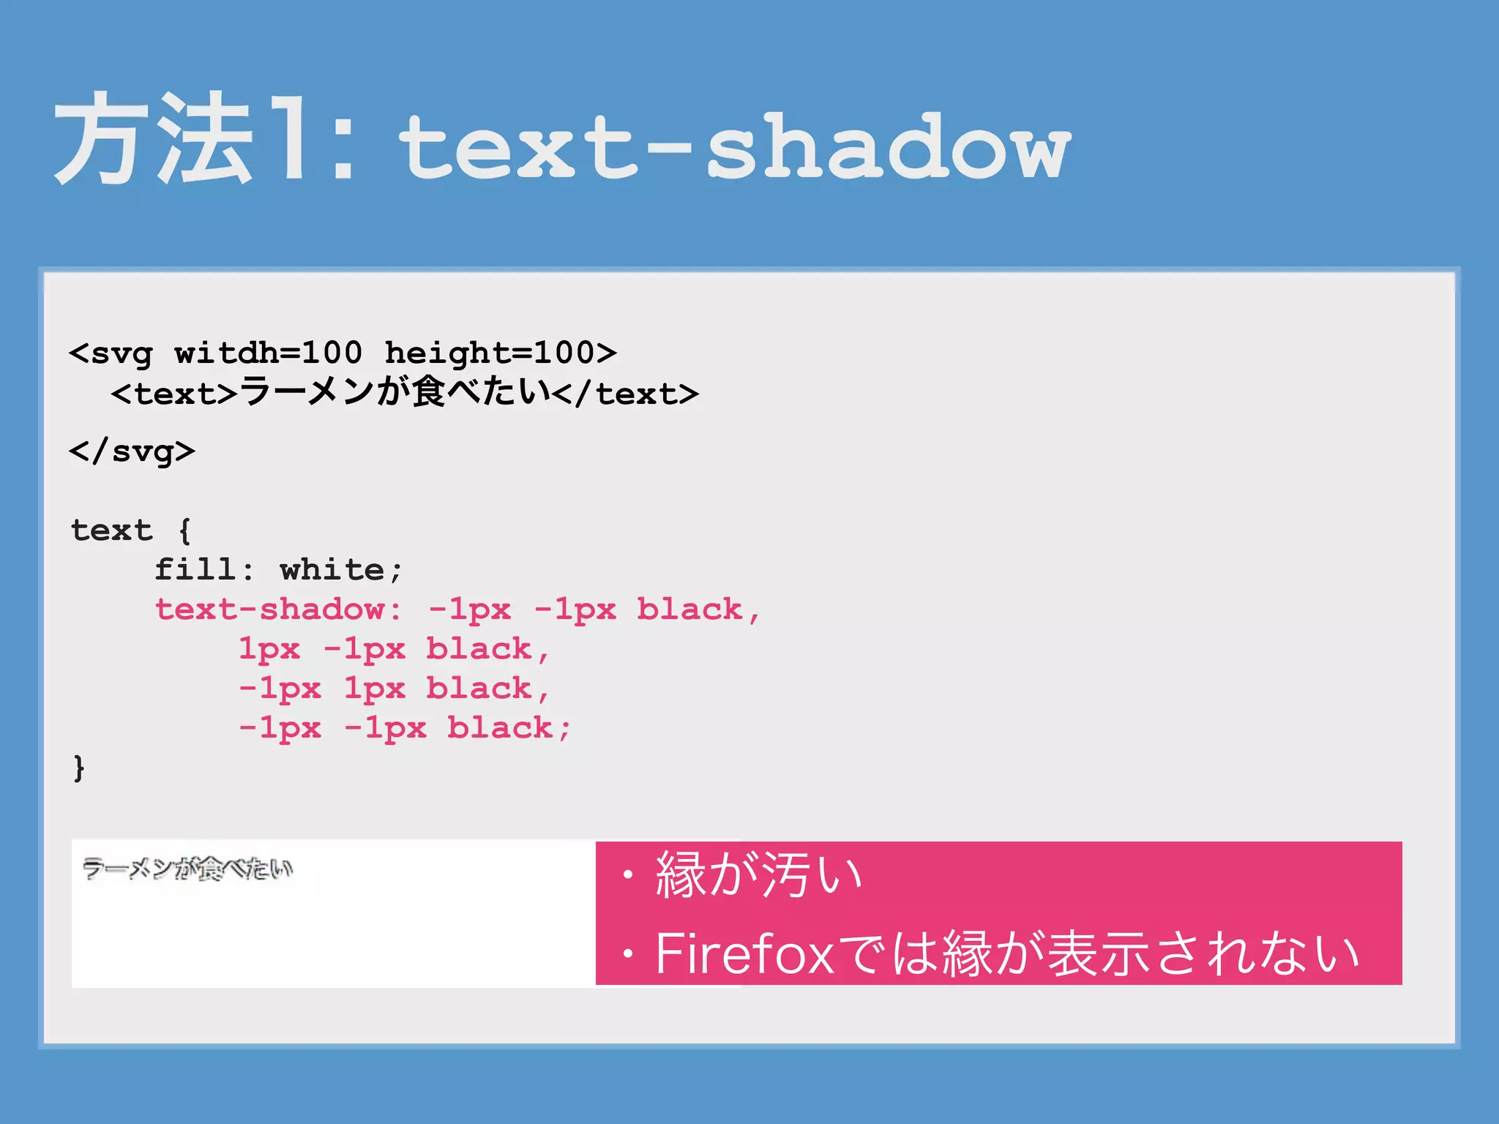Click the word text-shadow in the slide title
[x=734, y=146]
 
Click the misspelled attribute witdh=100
[x=268, y=353]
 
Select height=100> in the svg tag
[x=500, y=353]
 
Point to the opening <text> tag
[x=174, y=394]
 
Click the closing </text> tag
[x=626, y=394]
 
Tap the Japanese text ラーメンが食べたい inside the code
[x=395, y=391]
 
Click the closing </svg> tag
[x=132, y=451]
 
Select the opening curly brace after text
[x=184, y=531]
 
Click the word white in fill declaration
[x=332, y=570]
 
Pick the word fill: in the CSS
[x=204, y=570]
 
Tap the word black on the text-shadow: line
[x=689, y=610]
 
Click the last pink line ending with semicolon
[x=404, y=728]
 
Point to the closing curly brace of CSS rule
[x=79, y=768]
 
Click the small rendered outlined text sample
[x=187, y=869]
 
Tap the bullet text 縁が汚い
[x=758, y=875]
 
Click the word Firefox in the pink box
[x=744, y=954]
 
